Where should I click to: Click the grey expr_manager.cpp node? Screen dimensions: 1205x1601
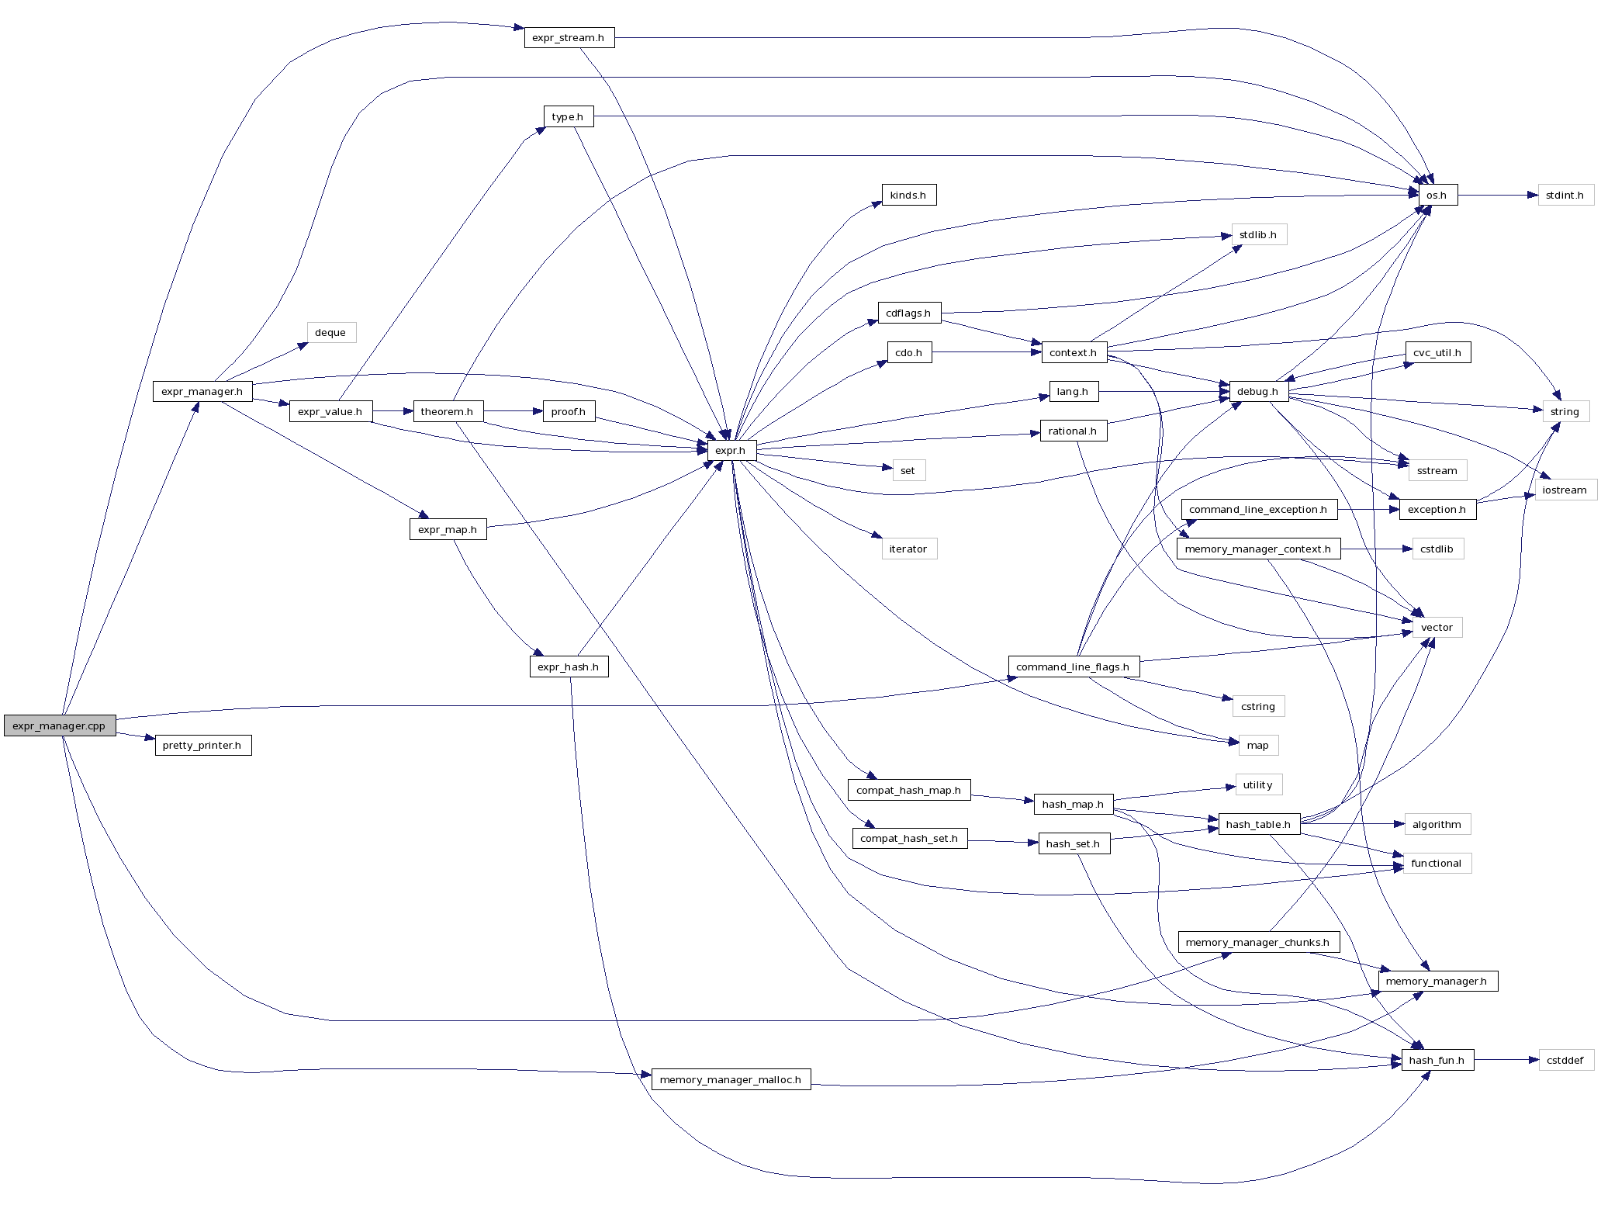(60, 725)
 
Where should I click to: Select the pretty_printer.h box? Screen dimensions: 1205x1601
(202, 745)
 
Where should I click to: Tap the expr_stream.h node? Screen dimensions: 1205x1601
(569, 37)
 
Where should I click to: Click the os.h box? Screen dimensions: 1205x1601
(1437, 195)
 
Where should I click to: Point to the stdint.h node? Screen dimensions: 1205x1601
(1565, 195)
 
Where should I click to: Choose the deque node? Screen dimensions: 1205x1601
(330, 332)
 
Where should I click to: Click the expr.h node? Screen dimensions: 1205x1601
(731, 450)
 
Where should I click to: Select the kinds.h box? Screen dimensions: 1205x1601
(908, 195)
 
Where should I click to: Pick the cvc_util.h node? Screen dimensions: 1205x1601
(1437, 352)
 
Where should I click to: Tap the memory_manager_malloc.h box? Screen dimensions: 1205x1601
(731, 1079)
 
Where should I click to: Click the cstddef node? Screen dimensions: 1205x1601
(1565, 1060)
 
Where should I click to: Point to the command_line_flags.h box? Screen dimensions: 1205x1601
(1073, 667)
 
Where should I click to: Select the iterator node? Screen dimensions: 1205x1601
(908, 549)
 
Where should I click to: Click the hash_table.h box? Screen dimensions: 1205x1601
(1258, 824)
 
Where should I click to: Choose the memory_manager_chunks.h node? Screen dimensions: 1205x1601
(1257, 942)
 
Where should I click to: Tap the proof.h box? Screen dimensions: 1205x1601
(569, 411)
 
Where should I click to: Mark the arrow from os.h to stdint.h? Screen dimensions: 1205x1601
(1497, 195)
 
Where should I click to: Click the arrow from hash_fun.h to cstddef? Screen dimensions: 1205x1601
(1506, 1060)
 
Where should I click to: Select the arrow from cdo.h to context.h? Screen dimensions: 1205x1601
(987, 352)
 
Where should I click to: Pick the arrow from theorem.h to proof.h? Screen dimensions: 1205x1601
(513, 411)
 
